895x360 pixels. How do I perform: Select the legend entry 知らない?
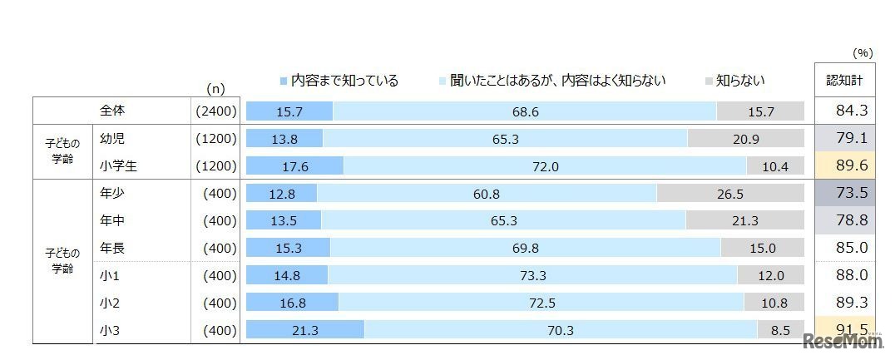tap(734, 81)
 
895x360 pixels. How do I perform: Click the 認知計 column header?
tap(844, 81)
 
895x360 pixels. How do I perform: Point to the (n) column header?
tap(215, 88)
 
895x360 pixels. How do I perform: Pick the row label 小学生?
tap(117, 165)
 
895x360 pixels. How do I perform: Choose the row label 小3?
tap(108, 330)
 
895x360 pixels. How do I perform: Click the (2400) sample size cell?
tap(215, 111)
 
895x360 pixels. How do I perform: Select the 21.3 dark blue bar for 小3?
tap(305, 330)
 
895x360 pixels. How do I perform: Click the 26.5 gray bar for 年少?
tap(730, 193)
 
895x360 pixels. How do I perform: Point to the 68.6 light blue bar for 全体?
tap(525, 111)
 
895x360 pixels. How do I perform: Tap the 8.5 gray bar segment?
tap(780, 330)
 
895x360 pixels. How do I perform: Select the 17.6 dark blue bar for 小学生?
tap(295, 165)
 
